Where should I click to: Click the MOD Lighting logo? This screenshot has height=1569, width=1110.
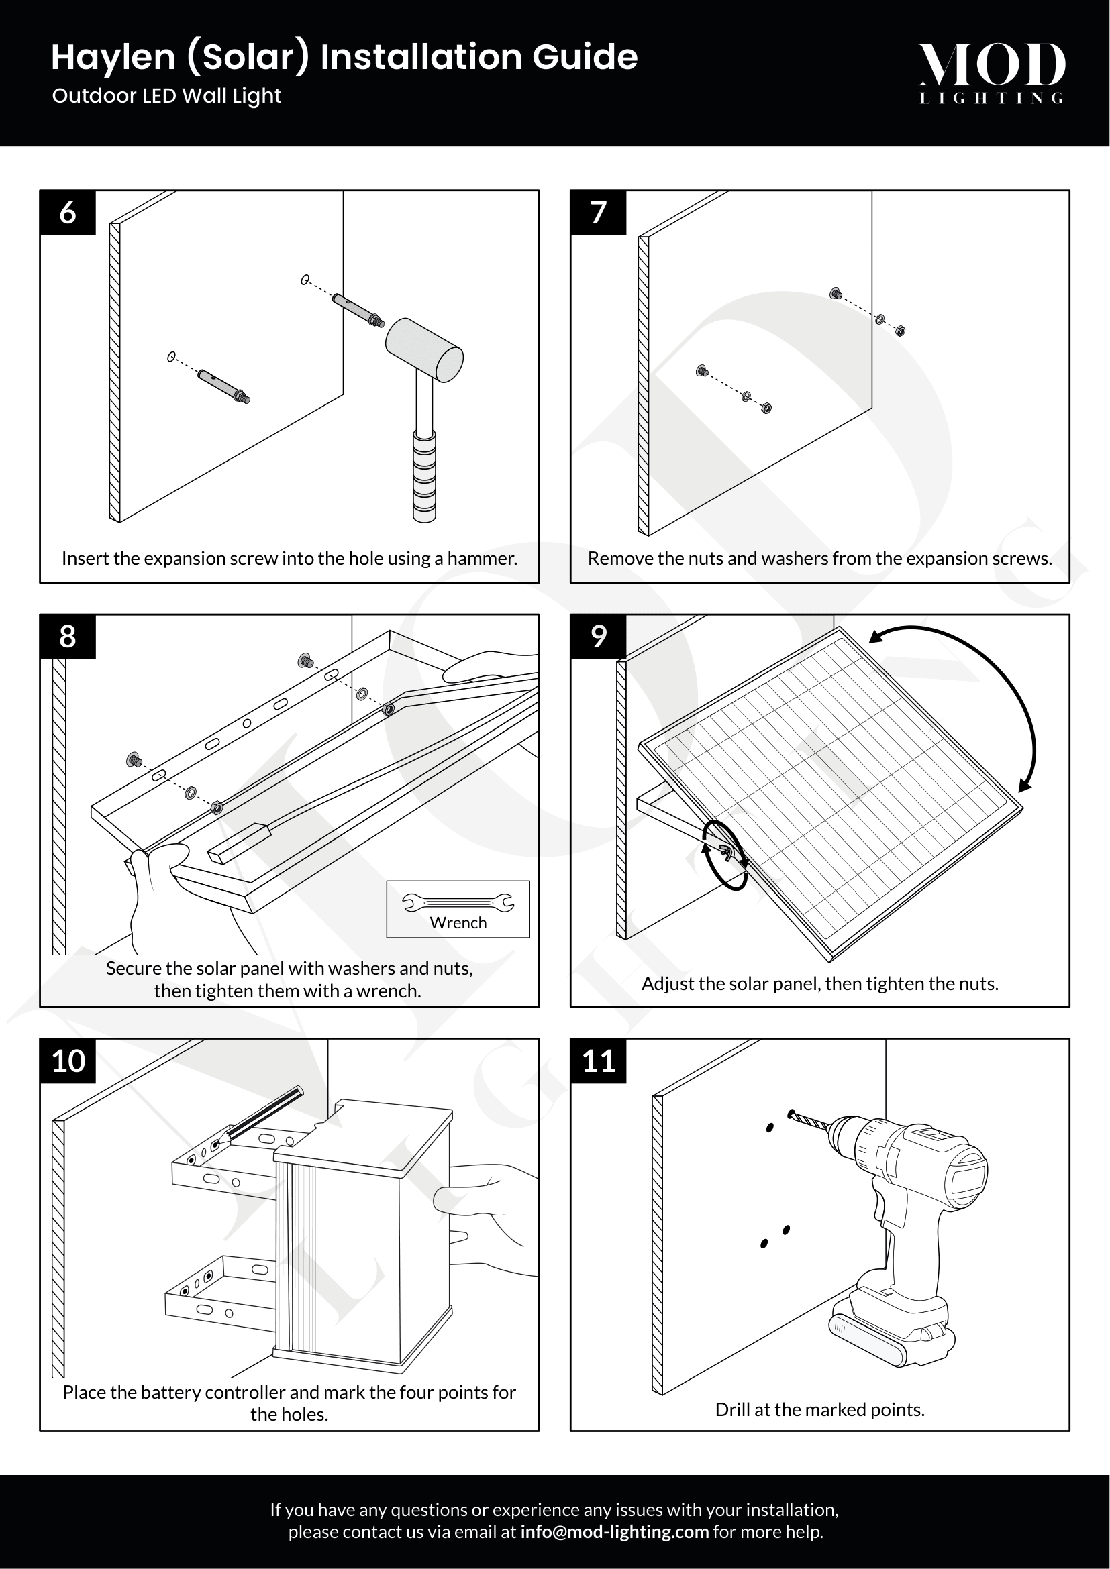(991, 72)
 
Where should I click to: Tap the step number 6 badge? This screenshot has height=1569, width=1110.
(68, 213)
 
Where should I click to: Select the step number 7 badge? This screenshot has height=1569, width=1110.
(598, 213)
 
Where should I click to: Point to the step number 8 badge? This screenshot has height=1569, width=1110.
(68, 637)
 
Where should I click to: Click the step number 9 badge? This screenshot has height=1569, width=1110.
(598, 637)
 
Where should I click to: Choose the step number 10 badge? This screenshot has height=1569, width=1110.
(68, 1061)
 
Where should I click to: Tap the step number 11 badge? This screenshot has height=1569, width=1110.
(598, 1061)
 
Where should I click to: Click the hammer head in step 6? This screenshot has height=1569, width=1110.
(424, 350)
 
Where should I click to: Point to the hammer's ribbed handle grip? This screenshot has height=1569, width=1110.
(424, 476)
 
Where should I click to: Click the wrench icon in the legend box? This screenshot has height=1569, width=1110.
(458, 903)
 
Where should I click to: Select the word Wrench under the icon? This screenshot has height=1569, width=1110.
(458, 923)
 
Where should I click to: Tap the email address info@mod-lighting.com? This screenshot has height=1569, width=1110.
(614, 1532)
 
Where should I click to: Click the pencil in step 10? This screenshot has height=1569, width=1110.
(263, 1115)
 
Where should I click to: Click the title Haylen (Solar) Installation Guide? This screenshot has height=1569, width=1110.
(344, 57)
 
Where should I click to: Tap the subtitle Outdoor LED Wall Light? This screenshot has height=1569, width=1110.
(167, 96)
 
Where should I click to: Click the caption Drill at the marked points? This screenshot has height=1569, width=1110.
(819, 1409)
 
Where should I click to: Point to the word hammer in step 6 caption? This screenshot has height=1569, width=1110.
(481, 558)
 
